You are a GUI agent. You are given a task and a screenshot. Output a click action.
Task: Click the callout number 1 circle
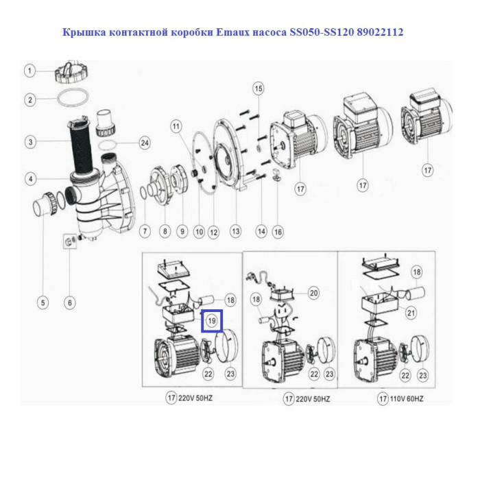(29, 71)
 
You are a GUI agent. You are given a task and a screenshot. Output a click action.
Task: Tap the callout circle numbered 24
(145, 143)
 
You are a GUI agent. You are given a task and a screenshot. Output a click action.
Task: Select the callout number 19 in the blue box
(211, 321)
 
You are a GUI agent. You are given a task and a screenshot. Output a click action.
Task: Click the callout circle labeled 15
(259, 88)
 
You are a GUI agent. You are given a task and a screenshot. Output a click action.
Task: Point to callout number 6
(70, 303)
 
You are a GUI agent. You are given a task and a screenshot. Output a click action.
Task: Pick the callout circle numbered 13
(235, 231)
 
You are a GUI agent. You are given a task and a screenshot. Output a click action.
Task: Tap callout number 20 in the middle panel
(314, 293)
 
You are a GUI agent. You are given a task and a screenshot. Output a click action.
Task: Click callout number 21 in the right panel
(411, 313)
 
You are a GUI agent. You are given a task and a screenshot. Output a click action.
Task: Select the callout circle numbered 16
(278, 232)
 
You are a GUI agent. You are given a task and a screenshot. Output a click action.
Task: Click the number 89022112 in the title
(380, 32)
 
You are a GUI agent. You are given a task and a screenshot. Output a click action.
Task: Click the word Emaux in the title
(233, 32)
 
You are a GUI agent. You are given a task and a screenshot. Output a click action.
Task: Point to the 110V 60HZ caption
(407, 399)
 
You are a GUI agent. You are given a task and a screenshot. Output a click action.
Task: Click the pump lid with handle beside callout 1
(72, 72)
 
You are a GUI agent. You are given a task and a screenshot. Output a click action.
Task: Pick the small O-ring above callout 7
(143, 194)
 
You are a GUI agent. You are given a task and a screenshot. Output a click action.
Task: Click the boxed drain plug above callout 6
(70, 241)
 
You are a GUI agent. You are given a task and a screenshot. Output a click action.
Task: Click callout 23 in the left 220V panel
(230, 374)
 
